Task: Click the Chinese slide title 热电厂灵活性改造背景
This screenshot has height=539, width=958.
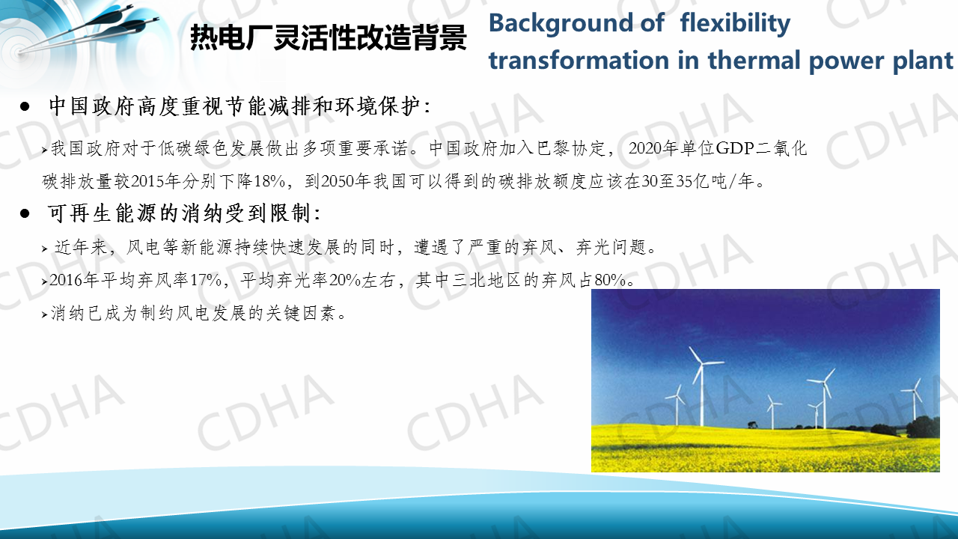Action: pyautogui.click(x=328, y=37)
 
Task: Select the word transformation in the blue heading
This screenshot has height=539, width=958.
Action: pyautogui.click(x=579, y=61)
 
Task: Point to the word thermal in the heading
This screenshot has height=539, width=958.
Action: pyautogui.click(x=754, y=61)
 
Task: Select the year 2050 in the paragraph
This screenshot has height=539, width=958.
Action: pyautogui.click(x=338, y=181)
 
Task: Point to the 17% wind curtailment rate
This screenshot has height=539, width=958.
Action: pyautogui.click(x=206, y=280)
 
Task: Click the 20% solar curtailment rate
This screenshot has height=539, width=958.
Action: pyautogui.click(x=345, y=280)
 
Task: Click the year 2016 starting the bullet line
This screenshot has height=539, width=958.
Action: pyautogui.click(x=67, y=280)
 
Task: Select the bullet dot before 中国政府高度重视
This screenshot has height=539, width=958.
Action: pyautogui.click(x=25, y=106)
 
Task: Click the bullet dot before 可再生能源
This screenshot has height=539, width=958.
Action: pyautogui.click(x=25, y=213)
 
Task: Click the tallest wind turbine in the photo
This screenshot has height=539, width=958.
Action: pyautogui.click(x=701, y=386)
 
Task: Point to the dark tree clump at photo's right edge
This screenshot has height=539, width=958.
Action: pyautogui.click(x=923, y=427)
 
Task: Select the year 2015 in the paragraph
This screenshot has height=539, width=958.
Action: pyautogui.click(x=147, y=181)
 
